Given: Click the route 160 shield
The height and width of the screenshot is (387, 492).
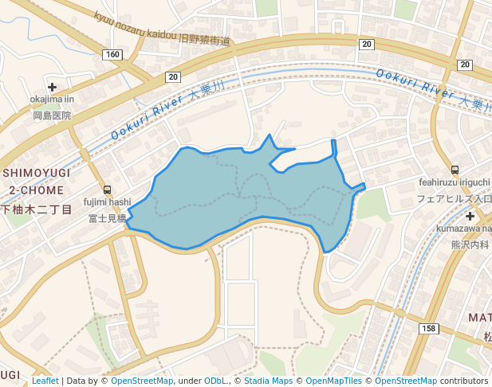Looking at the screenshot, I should [x=112, y=54].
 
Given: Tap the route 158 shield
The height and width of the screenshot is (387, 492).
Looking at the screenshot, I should [x=428, y=328].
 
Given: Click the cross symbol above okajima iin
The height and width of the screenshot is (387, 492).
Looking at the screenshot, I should [x=53, y=87].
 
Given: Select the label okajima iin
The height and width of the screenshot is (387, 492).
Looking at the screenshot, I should [x=52, y=100].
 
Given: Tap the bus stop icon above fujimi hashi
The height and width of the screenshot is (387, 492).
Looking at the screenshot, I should [x=108, y=190].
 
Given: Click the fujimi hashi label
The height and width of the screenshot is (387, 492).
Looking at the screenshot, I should [x=108, y=202].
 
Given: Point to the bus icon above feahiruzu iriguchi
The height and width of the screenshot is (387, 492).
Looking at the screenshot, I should [x=455, y=170].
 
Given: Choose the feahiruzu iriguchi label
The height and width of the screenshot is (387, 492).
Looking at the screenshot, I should [x=455, y=182].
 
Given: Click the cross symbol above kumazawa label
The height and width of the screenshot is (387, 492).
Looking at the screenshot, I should [x=470, y=216].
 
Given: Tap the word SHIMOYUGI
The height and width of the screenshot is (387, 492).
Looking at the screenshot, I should [x=36, y=173].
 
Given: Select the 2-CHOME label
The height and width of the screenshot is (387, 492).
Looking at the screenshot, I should [x=37, y=190].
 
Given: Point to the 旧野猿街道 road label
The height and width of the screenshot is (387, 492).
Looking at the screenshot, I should [x=204, y=40].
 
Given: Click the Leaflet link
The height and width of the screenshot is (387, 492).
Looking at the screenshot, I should [x=45, y=381].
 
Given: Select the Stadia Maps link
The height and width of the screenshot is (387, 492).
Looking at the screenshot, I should [x=268, y=381].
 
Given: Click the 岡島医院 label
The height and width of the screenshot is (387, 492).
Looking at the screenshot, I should [x=52, y=115].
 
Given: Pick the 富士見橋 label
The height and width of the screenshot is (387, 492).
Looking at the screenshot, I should [x=108, y=217].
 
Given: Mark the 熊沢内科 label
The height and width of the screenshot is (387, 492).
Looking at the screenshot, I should [x=470, y=244].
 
